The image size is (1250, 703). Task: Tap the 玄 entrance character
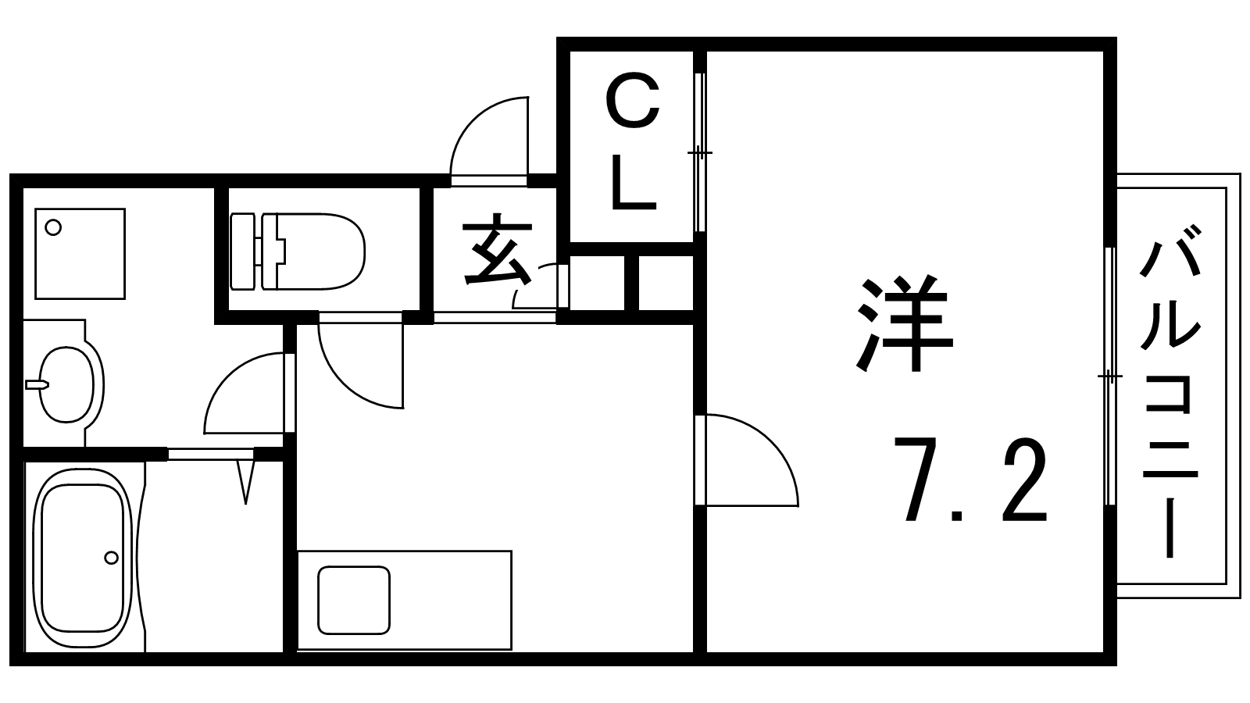tap(498, 252)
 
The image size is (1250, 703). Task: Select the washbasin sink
tap(66, 384)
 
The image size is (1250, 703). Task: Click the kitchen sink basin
tap(353, 600)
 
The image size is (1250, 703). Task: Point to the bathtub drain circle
tap(111, 558)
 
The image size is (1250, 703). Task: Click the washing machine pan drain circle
tap(53, 228)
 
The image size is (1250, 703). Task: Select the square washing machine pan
tap(80, 253)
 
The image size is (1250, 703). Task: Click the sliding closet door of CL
tap(700, 152)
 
